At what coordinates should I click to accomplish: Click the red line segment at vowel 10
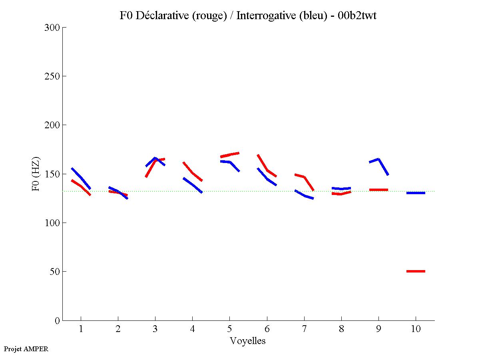[x=416, y=271]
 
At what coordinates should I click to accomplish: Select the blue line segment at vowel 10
[x=416, y=193]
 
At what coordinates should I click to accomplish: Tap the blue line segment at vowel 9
[x=378, y=159]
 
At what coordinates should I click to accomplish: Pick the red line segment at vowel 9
[x=378, y=190]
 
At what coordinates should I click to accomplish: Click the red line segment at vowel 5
[x=229, y=155]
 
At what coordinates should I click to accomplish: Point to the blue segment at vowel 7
[x=304, y=195]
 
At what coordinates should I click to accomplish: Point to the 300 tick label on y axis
[x=52, y=28]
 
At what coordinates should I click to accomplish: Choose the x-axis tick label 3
[x=155, y=329]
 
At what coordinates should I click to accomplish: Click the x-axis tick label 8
[x=341, y=329]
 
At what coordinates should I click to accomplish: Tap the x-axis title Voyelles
[x=248, y=341]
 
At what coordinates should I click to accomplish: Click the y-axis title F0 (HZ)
[x=36, y=174]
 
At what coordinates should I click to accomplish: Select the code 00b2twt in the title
[x=357, y=16]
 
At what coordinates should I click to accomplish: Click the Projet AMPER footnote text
[x=26, y=349]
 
